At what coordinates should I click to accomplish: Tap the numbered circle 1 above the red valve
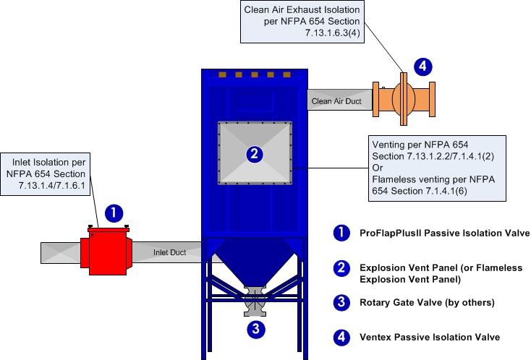(114, 213)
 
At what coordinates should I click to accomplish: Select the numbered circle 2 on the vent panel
(253, 153)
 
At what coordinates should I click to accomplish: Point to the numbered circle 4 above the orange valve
(423, 67)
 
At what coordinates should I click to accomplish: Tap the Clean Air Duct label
(336, 102)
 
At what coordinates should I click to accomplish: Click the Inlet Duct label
(168, 252)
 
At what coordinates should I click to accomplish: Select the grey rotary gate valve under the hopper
(254, 301)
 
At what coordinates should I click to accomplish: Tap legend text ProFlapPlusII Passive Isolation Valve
(444, 233)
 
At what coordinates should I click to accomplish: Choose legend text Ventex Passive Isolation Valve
(430, 337)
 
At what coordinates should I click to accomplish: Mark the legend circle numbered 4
(341, 337)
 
